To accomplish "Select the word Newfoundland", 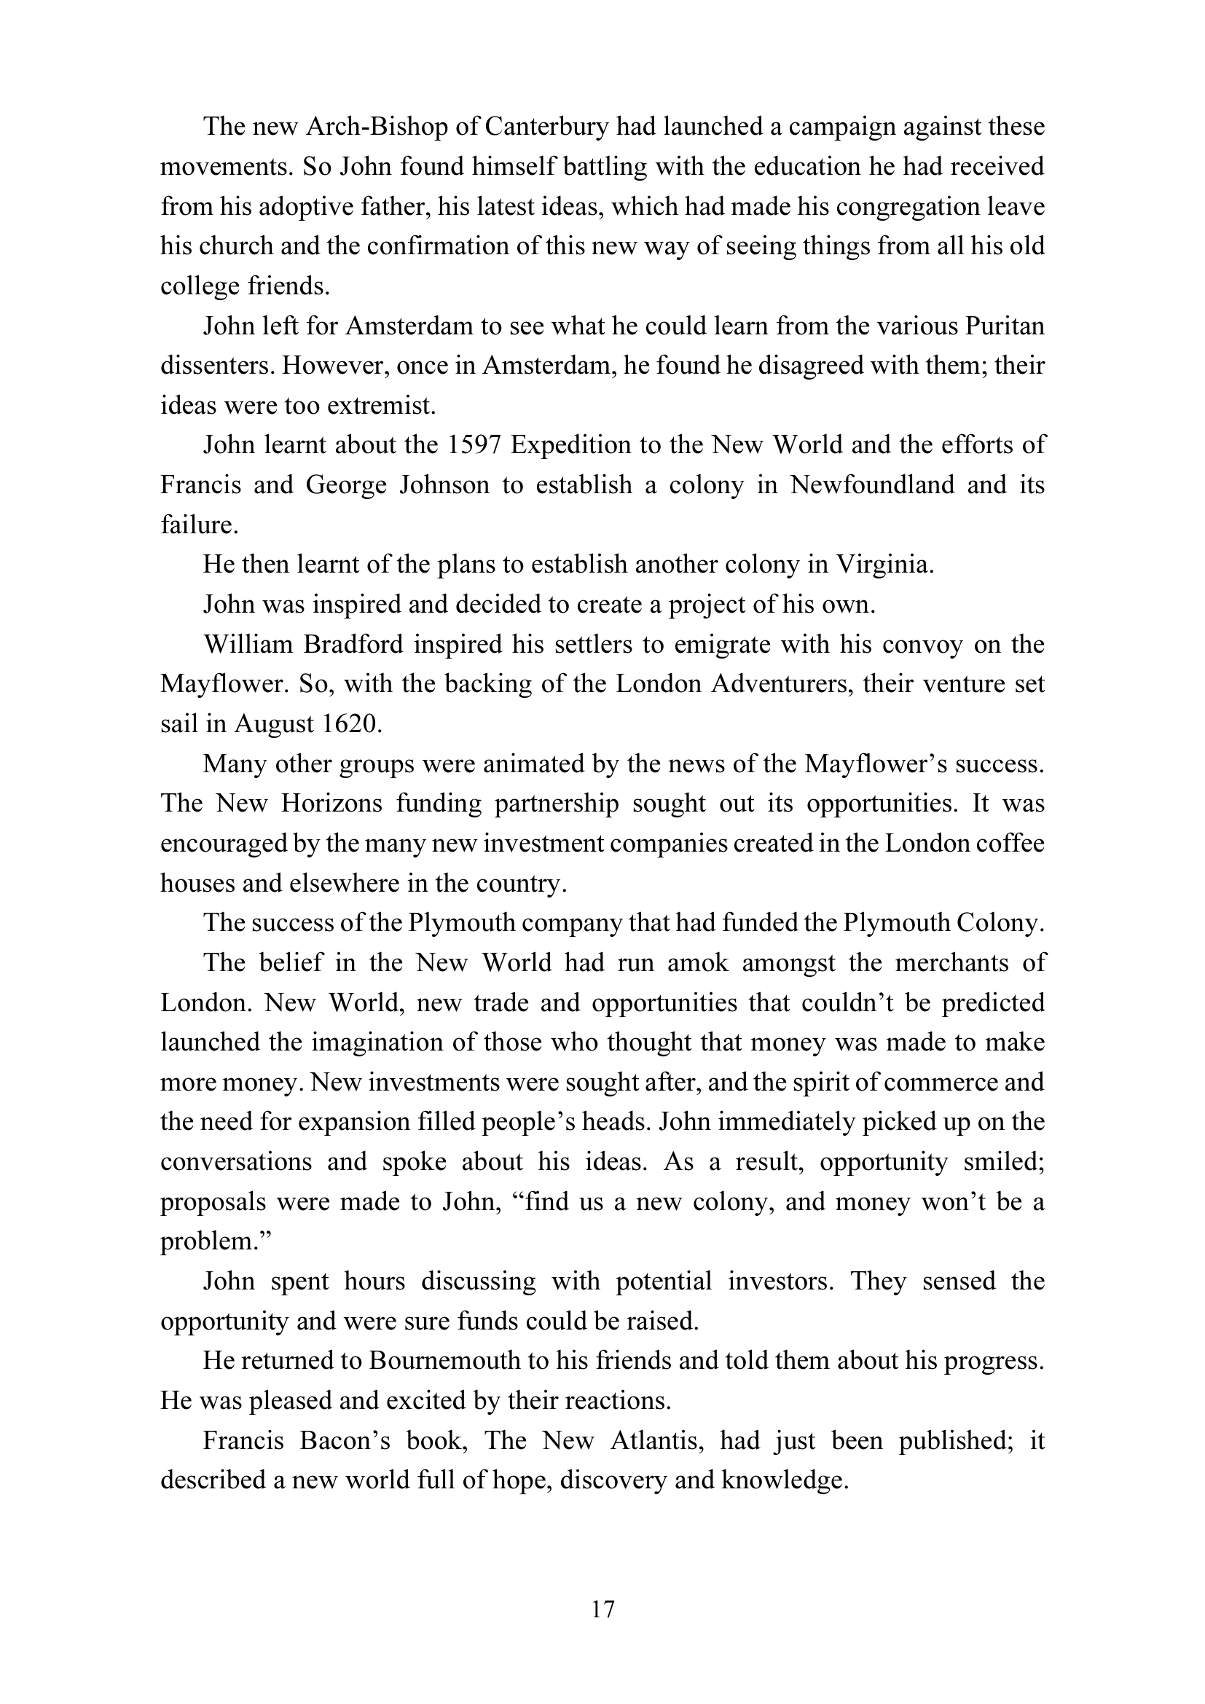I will (x=872, y=485).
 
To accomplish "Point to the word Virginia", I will (x=884, y=565).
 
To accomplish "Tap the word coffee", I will (x=1009, y=844).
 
